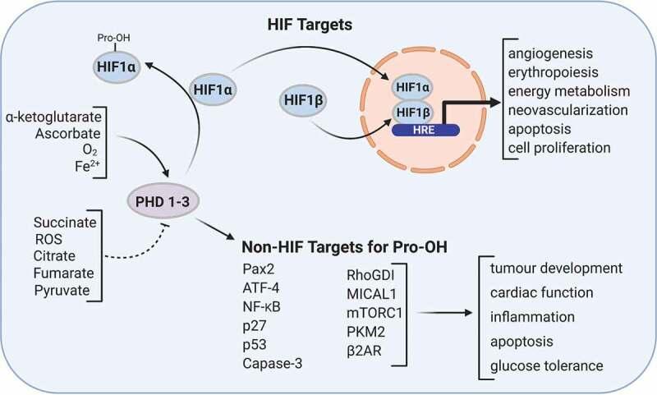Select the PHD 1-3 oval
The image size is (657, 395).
pos(163,199)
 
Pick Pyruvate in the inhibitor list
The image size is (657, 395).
pos(66,290)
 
